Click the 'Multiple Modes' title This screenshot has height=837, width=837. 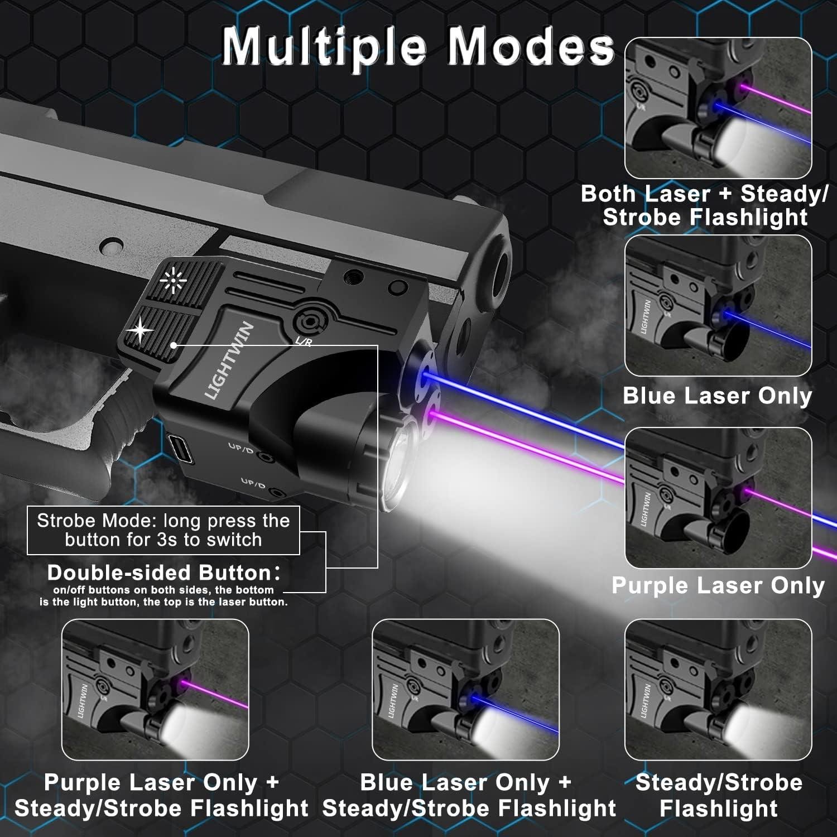click(418, 47)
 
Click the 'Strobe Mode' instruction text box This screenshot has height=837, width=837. click(163, 530)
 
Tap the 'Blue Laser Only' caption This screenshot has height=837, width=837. click(717, 396)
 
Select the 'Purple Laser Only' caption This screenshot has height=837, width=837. click(718, 585)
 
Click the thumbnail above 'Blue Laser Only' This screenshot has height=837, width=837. click(718, 306)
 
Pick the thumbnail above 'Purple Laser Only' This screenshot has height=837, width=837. click(718, 498)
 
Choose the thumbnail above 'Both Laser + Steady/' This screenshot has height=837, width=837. click(718, 108)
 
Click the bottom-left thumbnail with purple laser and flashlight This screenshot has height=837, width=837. click(155, 690)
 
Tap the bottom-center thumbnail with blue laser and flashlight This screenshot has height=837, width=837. click(465, 690)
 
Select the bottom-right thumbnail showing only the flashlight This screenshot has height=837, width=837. click(718, 690)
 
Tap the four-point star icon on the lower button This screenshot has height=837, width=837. click(139, 330)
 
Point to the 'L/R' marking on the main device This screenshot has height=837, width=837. click(303, 341)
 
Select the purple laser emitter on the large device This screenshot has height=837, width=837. click(431, 416)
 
